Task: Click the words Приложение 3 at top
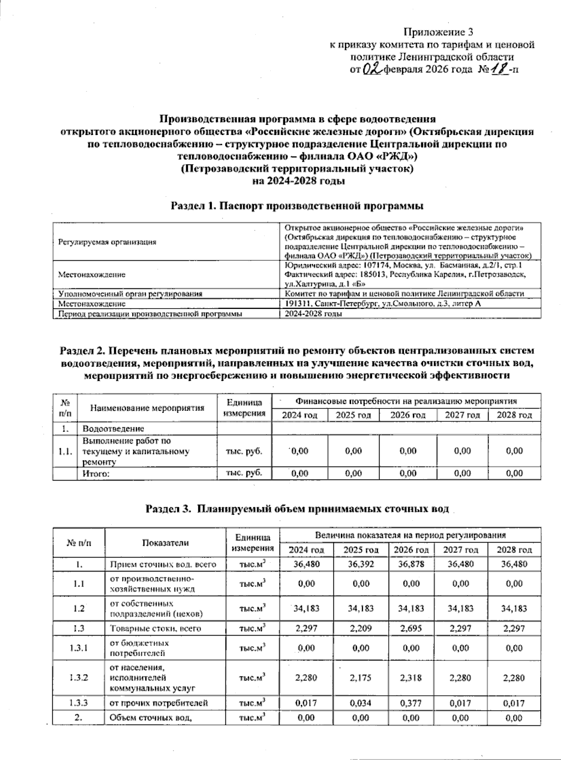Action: click(439, 32)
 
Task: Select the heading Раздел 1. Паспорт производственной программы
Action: click(297, 205)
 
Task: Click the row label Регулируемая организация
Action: click(107, 242)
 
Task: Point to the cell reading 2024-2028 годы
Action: click(314, 314)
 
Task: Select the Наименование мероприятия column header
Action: click(147, 408)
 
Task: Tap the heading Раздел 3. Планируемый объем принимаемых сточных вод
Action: click(297, 509)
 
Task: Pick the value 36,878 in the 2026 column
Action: click(411, 564)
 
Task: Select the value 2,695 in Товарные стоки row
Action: click(411, 628)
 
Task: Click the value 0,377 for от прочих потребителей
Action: click(411, 703)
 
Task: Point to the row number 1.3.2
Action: click(79, 678)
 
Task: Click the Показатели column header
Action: click(165, 543)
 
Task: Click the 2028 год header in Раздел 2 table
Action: click(514, 415)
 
